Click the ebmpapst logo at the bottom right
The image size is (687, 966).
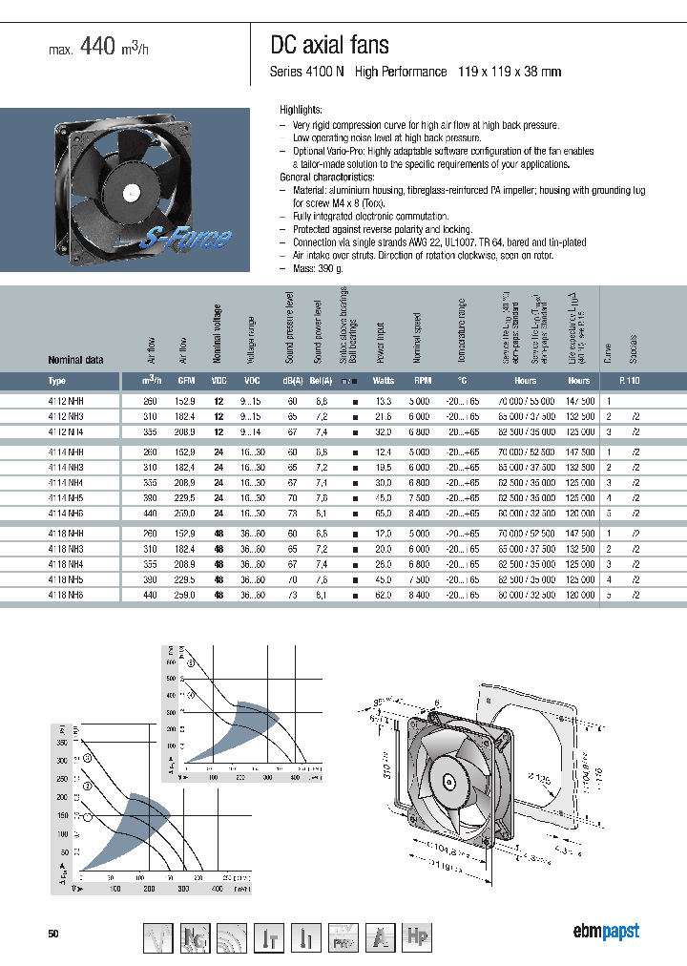pyautogui.click(x=605, y=932)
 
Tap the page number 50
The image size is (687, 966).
pyautogui.click(x=53, y=934)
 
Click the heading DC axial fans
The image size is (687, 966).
pyautogui.click(x=330, y=45)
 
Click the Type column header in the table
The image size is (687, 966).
pyautogui.click(x=57, y=380)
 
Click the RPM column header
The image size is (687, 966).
pyautogui.click(x=422, y=380)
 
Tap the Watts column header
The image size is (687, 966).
pyautogui.click(x=384, y=380)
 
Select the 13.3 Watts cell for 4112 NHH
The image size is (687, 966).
pyautogui.click(x=384, y=402)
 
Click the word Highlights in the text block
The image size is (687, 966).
pyautogui.click(x=301, y=111)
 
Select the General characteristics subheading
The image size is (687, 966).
pyautogui.click(x=326, y=178)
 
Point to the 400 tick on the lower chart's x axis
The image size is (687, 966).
pyautogui.click(x=217, y=889)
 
